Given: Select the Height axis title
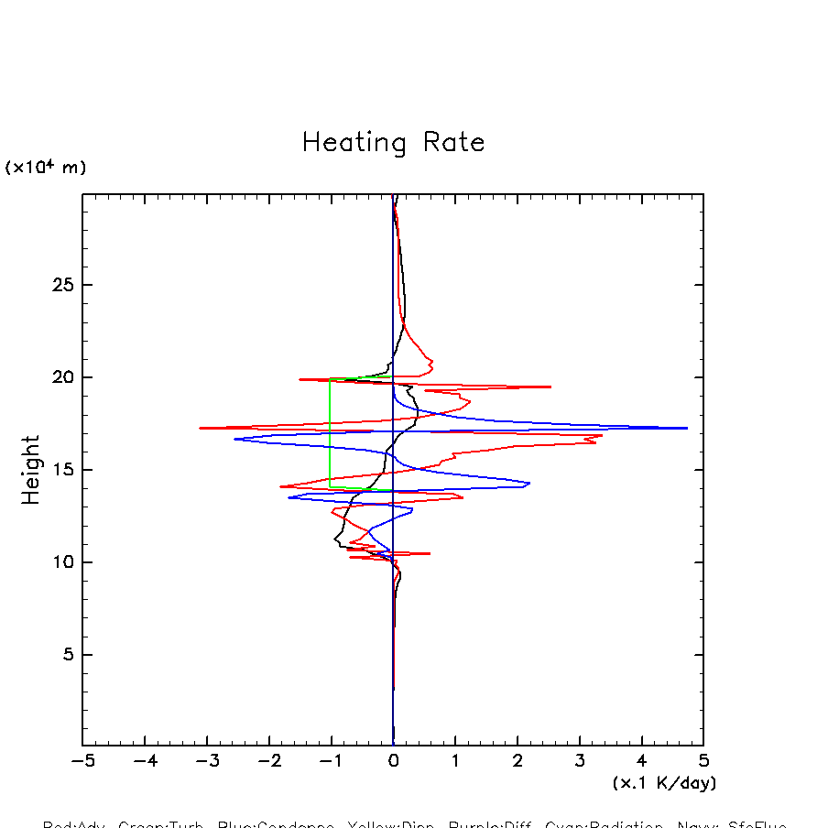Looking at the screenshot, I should pyautogui.click(x=31, y=470).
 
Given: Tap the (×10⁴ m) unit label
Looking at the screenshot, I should pyautogui.click(x=46, y=168).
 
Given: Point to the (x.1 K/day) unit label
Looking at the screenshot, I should pyautogui.click(x=664, y=783).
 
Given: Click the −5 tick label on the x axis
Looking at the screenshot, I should pyautogui.click(x=82, y=761).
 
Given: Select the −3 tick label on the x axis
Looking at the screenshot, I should pyautogui.click(x=206, y=761).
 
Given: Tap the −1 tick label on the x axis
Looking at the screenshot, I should pyautogui.click(x=331, y=761).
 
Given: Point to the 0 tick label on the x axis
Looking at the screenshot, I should pyautogui.click(x=393, y=761).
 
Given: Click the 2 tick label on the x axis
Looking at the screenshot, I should pyautogui.click(x=517, y=761).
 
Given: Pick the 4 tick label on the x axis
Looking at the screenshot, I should pyautogui.click(x=641, y=761).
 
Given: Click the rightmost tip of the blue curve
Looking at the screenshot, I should pyautogui.click(x=687, y=428).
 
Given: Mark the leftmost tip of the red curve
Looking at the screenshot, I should pyautogui.click(x=200, y=428).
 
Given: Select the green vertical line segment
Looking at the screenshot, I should pyautogui.click(x=330, y=433).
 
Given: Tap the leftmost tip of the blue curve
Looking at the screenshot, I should pyautogui.click(x=234, y=440).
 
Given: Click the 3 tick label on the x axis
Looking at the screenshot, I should pyautogui.click(x=580, y=761).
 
